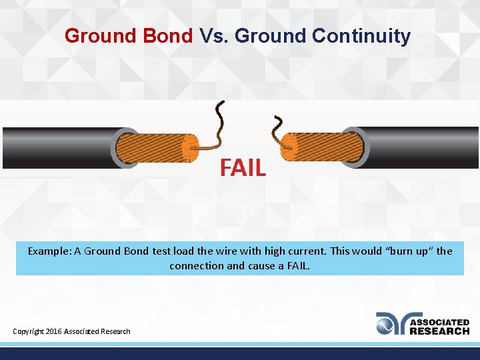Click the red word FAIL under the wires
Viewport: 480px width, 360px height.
click(243, 167)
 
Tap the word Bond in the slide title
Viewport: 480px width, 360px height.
click(167, 35)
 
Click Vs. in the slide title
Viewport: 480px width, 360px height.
click(213, 35)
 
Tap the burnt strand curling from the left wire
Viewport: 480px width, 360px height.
click(217, 123)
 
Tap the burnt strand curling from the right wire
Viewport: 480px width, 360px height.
click(277, 127)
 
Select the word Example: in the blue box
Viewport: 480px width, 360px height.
click(49, 251)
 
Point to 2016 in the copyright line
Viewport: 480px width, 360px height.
click(53, 331)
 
